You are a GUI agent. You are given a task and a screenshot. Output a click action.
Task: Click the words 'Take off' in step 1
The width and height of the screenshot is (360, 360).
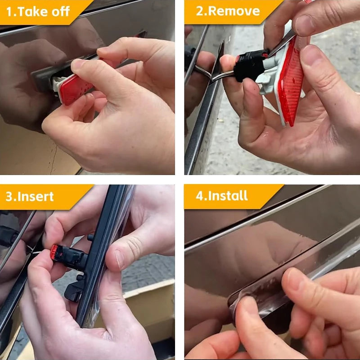(x=44, y=12)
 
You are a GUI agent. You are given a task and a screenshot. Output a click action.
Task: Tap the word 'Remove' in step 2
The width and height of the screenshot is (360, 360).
(x=234, y=11)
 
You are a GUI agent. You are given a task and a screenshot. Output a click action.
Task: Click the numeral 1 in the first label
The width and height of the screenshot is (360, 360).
(x=9, y=12)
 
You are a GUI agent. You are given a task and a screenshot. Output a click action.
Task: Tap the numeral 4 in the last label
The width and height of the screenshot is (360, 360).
(x=200, y=196)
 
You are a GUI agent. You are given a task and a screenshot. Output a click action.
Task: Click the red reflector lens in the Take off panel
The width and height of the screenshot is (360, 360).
(x=76, y=89)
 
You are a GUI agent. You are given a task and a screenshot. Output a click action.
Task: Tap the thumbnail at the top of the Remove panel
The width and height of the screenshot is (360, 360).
(x=304, y=25)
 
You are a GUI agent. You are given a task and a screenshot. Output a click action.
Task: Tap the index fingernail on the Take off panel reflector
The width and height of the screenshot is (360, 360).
(x=77, y=64)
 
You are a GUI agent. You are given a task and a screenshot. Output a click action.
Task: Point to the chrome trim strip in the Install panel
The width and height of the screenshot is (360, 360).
(x=257, y=218)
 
